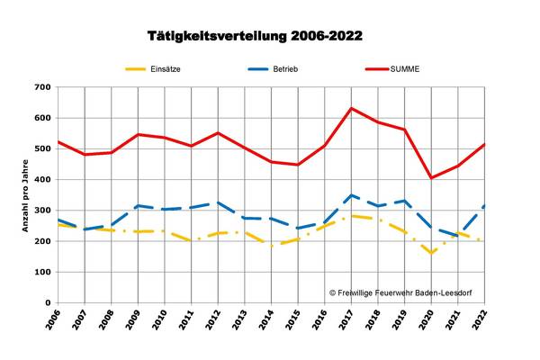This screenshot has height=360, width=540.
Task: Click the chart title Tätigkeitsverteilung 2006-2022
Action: [255, 36]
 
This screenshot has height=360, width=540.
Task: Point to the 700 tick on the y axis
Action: [40, 87]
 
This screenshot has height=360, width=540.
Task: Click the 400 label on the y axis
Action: [40, 180]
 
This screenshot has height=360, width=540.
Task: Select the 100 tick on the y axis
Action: [40, 272]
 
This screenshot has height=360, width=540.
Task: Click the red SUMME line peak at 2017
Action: [351, 108]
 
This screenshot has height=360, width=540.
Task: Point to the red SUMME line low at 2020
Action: [432, 177]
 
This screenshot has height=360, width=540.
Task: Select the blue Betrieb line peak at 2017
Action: [351, 194]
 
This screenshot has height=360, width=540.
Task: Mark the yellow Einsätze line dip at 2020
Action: [432, 253]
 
